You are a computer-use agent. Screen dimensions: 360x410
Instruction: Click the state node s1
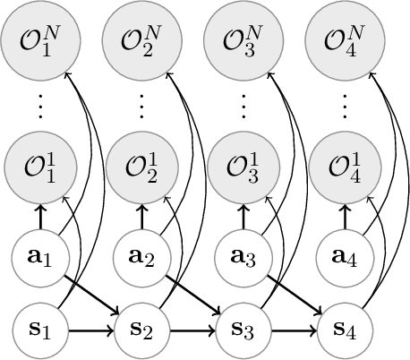tap(38, 332)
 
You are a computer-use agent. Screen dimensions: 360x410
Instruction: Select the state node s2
tap(140, 332)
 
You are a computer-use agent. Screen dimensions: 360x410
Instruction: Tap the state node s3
tap(241, 332)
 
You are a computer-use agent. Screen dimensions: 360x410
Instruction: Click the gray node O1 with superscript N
tap(38, 39)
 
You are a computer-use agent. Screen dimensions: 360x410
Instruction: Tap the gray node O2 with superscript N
tap(140, 39)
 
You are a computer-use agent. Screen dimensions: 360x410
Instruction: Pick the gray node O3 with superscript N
tap(241, 39)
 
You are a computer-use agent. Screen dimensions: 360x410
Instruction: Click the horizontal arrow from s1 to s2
tap(89, 332)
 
